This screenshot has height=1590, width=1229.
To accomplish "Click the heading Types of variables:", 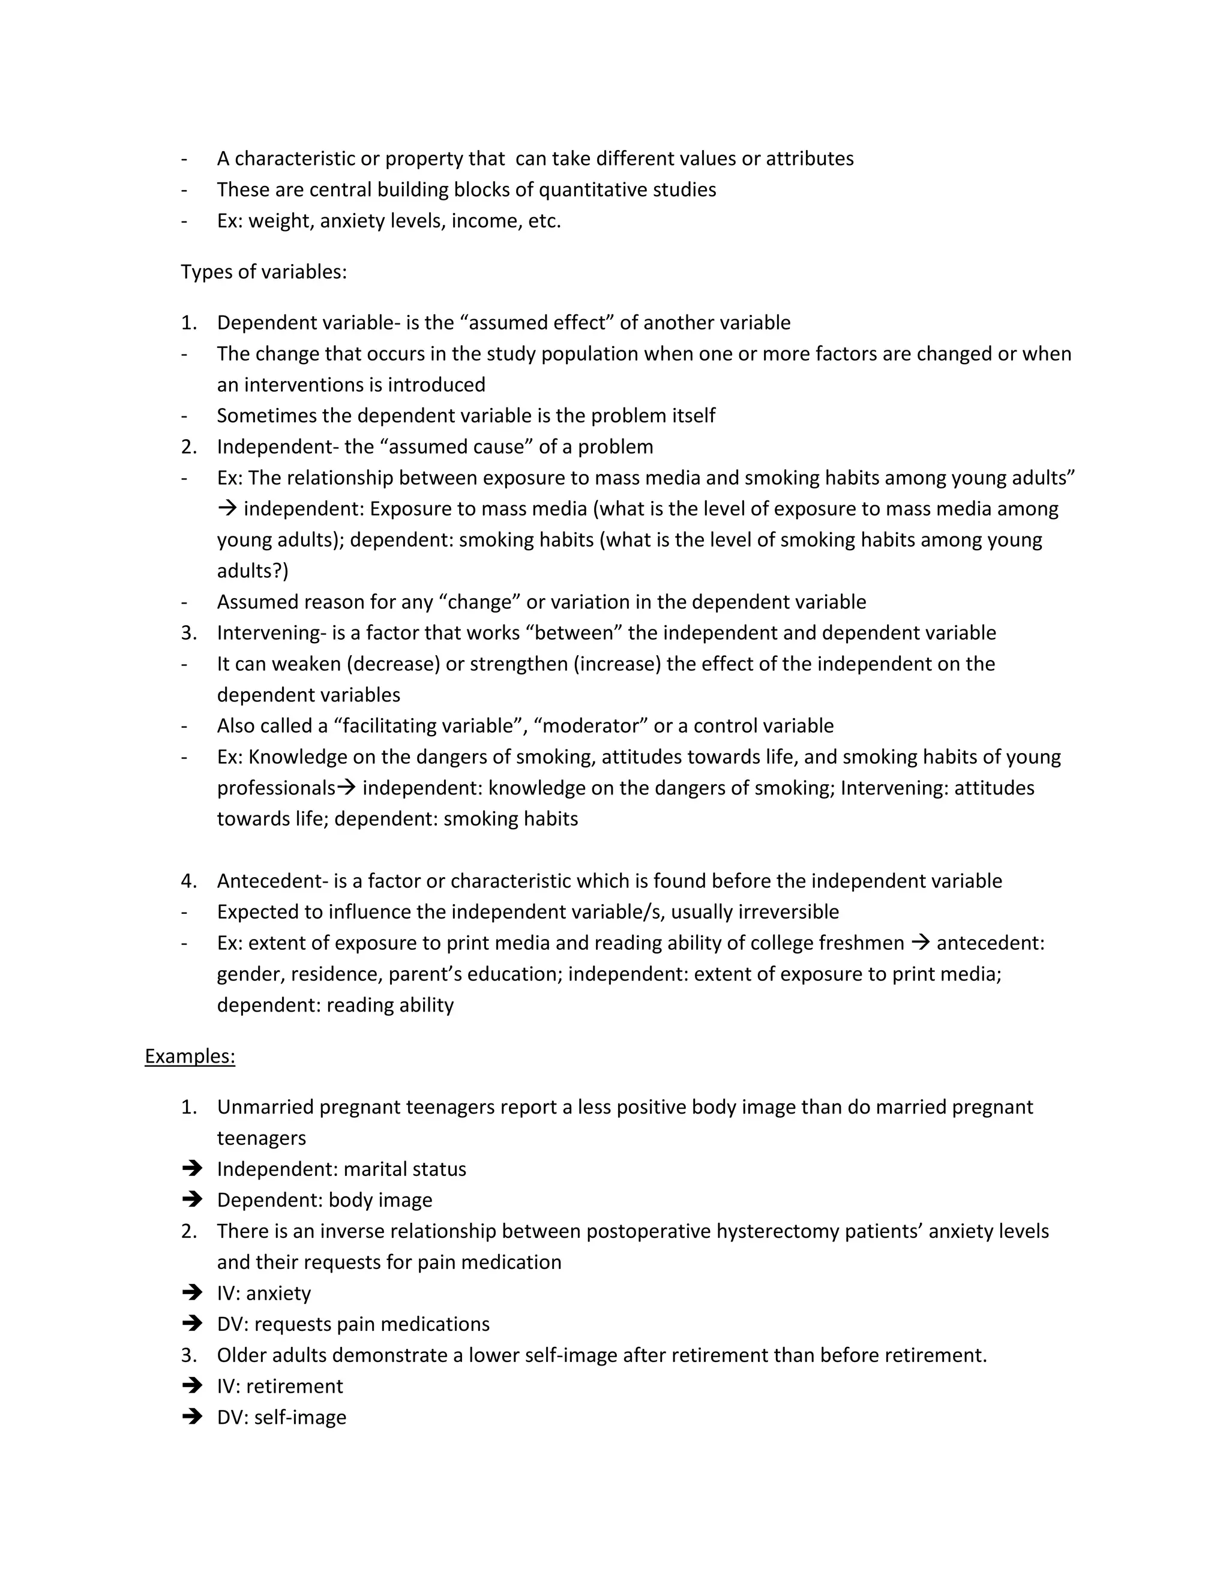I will pyautogui.click(x=263, y=272).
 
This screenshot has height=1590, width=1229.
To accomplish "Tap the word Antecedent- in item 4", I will pyautogui.click(x=273, y=881).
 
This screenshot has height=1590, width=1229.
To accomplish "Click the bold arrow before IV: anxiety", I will pyautogui.click(x=192, y=1292).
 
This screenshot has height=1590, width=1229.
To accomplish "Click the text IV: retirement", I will pyautogui.click(x=280, y=1385).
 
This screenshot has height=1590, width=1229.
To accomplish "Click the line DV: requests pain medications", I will pyautogui.click(x=353, y=1324).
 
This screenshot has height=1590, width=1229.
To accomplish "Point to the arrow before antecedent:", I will pyautogui.click(x=921, y=943).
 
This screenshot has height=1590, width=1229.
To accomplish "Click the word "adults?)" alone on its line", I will pyautogui.click(x=253, y=571).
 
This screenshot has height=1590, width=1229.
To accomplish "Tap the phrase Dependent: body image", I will pyautogui.click(x=324, y=1200).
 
